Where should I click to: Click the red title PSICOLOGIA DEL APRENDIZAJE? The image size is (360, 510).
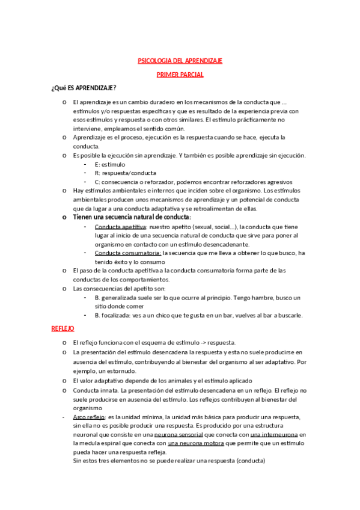180,61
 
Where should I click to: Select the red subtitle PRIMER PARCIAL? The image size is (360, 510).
180,75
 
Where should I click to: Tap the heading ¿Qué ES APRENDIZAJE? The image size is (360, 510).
84,88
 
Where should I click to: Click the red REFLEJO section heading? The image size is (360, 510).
63,329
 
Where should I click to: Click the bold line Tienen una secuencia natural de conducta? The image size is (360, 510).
132,217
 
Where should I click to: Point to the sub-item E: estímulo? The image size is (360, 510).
110,164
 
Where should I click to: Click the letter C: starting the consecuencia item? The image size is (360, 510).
97,182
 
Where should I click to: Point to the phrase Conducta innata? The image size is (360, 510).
95,390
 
